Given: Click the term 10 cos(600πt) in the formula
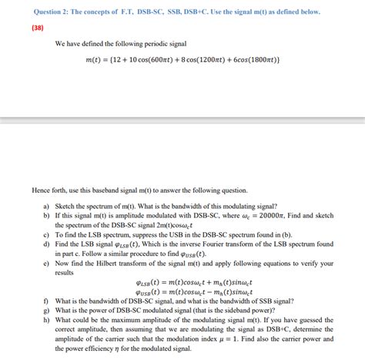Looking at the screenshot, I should point(145,60).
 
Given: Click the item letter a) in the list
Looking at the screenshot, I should point(47,207).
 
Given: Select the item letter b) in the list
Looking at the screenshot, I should point(47,217).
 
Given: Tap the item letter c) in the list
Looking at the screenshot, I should point(47,236).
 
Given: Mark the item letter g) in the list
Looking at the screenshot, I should point(47,311).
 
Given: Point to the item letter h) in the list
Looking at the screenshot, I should point(47,321).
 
